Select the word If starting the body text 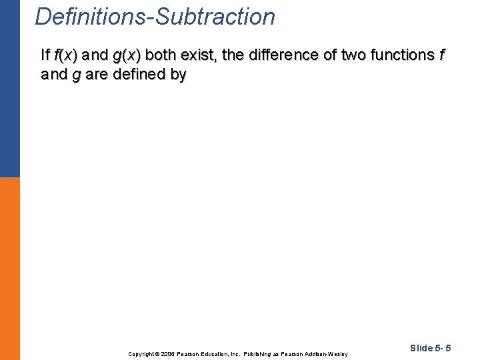coord(45,55)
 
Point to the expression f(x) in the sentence coord(65,55)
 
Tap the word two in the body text coord(353,55)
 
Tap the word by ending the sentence coord(178,75)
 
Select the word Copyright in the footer coord(141,353)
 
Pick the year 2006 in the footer coord(169,353)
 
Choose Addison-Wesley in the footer coord(326,353)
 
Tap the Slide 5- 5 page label coord(431,348)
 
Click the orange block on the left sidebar coord(10,267)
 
